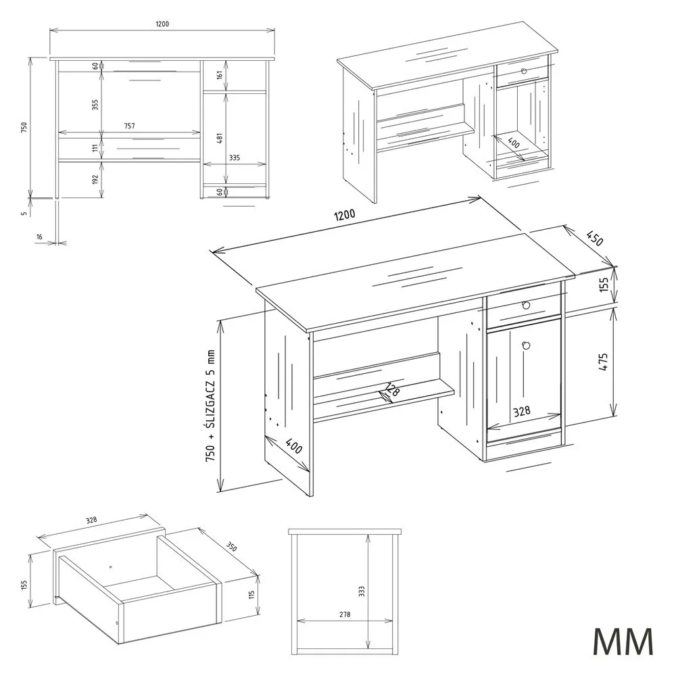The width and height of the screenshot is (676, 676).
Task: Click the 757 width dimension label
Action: tap(129, 126)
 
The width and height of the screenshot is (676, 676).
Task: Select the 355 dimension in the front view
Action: tap(95, 105)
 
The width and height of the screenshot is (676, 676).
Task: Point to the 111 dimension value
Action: tap(95, 148)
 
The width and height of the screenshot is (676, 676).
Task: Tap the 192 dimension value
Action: tap(95, 179)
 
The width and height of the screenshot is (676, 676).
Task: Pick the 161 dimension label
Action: tap(220, 75)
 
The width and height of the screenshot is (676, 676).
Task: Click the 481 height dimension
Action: tap(220, 138)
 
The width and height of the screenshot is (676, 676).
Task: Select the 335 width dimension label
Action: tap(234, 158)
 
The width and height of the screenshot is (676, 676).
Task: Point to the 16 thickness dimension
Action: tap(39, 237)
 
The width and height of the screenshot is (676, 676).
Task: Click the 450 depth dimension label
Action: tap(594, 238)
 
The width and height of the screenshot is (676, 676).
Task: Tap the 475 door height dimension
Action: tap(603, 362)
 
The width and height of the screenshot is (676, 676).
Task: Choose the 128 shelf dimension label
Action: tap(392, 389)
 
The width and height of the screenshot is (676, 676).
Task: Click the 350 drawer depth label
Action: tap(231, 546)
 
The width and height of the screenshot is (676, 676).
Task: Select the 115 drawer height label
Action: tap(251, 595)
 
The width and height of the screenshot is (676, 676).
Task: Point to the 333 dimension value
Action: tap(362, 591)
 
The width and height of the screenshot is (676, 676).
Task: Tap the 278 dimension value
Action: tap(345, 614)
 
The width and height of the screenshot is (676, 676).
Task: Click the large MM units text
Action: tap(623, 642)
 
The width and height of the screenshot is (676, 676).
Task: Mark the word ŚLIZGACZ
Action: tap(210, 400)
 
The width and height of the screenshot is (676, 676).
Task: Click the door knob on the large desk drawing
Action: tap(525, 345)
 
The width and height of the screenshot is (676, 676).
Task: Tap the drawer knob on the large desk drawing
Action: tap(525, 306)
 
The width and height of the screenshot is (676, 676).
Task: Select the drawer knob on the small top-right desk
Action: tap(524, 71)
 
